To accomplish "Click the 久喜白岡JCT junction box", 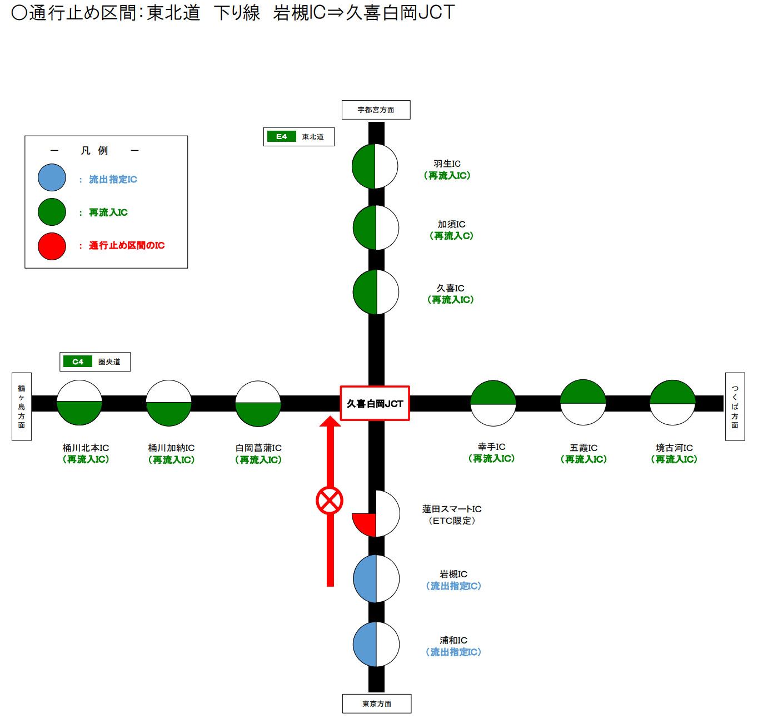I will pos(375,403).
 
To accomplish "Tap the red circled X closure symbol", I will pos(330,501).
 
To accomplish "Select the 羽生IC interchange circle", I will pos(375,166).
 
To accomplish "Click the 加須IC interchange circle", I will pos(376,227).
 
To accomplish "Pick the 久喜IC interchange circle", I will pos(376,292).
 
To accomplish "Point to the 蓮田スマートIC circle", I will pos(376,513).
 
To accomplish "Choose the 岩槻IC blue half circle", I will pos(365,578).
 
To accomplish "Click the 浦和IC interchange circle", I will pos(376,644).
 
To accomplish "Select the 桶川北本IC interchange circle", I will pos(79,403).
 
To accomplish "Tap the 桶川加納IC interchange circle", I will pos(169,403).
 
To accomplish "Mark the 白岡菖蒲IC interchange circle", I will pos(258,403).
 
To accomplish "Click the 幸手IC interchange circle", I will pos(493,403).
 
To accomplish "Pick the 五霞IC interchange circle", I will pos(583,403).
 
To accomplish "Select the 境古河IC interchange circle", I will pos(672,403).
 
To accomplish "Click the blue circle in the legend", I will pos(52,178).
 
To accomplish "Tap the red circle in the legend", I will pos(52,246).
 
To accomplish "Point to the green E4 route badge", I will pos(282,136).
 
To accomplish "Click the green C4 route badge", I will pos(78,362).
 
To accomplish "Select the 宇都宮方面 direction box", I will pos(376,110).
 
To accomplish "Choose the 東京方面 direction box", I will pos(377,704).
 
